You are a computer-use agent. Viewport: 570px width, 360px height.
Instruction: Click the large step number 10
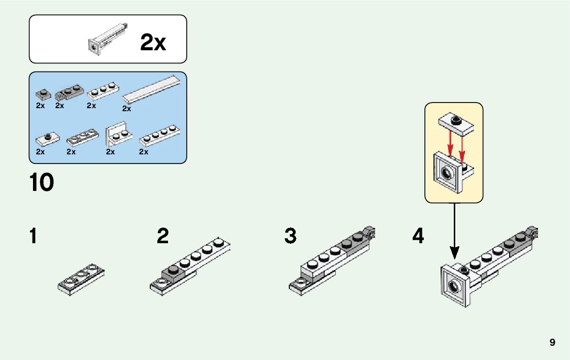[x=42, y=183]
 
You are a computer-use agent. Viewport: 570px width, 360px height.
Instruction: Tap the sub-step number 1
[x=33, y=237]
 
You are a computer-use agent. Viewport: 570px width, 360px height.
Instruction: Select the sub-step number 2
[x=162, y=237]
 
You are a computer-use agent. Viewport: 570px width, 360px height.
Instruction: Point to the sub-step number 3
[x=290, y=237]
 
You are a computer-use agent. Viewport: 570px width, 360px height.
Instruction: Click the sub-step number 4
[x=418, y=237]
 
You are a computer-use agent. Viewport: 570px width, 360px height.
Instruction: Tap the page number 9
[x=552, y=342]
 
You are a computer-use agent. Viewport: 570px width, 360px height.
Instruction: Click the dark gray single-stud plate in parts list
[x=43, y=94]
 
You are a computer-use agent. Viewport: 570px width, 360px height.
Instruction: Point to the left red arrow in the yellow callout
[x=450, y=145]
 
